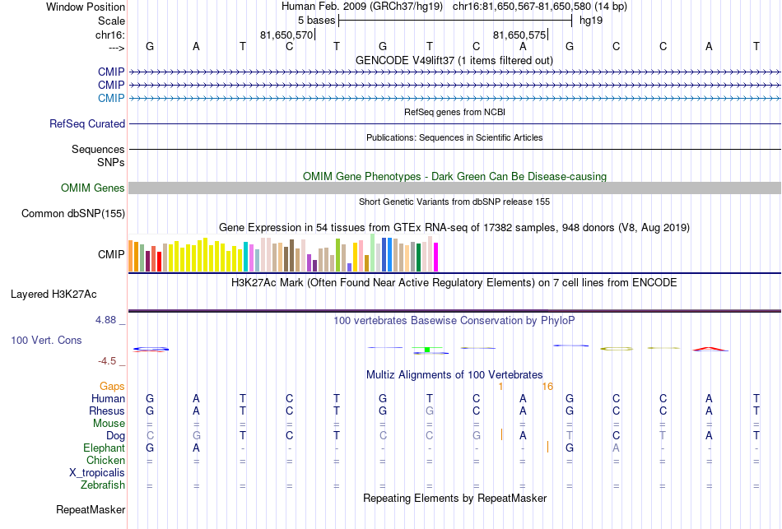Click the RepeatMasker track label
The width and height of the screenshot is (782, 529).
click(91, 509)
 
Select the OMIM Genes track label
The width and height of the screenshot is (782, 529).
click(93, 188)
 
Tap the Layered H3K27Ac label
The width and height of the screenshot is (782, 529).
click(54, 295)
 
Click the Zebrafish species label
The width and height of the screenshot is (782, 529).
click(103, 485)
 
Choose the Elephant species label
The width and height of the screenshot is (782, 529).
click(104, 448)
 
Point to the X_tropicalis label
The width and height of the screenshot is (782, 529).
click(97, 473)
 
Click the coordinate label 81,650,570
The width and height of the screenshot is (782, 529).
click(286, 35)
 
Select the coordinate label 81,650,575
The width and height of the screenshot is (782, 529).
click(519, 35)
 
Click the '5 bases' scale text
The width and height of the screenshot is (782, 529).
click(317, 21)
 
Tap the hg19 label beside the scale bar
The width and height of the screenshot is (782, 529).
click(591, 21)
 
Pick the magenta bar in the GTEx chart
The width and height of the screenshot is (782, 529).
click(436, 258)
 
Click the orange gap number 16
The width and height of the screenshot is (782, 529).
click(547, 387)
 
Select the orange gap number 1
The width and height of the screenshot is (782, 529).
click(500, 387)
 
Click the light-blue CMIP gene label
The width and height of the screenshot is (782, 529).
click(111, 98)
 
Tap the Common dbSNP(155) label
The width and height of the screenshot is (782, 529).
click(73, 213)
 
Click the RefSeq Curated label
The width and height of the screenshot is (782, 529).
click(87, 123)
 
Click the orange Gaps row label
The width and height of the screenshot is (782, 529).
click(112, 387)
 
